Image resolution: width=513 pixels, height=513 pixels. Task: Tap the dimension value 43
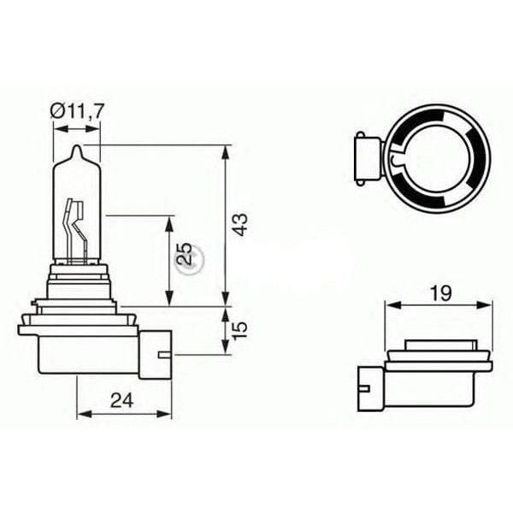click(241, 224)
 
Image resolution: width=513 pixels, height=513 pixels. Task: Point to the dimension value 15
click(242, 328)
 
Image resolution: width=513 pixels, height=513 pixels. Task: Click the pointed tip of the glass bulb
click(77, 151)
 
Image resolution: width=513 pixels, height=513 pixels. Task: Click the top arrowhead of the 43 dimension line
click(226, 150)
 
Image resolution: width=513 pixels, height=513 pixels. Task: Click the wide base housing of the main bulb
click(81, 351)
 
